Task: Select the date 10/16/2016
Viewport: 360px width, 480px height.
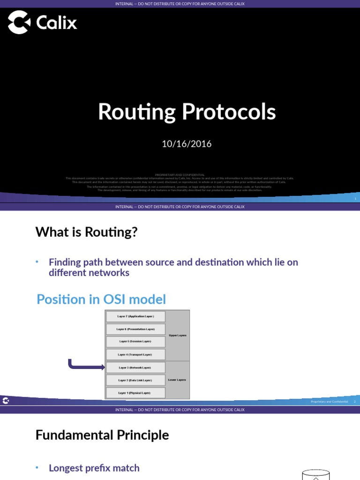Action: (187, 144)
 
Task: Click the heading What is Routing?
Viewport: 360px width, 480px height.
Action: (87, 232)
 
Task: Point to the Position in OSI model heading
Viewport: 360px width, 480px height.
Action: (101, 299)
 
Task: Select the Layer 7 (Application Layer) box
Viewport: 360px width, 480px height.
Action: (135, 317)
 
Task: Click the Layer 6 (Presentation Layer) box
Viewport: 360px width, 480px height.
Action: (135, 330)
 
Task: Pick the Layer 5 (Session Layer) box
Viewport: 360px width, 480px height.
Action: (135, 342)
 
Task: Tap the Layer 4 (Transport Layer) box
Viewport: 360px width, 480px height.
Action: (135, 355)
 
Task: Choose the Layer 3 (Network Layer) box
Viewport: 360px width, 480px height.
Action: (135, 368)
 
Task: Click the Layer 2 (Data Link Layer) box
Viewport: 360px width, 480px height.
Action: (135, 380)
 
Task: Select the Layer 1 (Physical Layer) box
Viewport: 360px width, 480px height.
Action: (135, 393)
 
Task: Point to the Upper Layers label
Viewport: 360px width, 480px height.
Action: (177, 336)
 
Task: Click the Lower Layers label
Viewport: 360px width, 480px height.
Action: (177, 380)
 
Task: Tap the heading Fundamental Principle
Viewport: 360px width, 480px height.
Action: (102, 435)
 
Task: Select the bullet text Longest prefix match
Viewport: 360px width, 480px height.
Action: (94, 468)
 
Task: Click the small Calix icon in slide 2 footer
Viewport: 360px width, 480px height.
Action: (6, 401)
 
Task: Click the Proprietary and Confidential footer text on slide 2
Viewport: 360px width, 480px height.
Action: (330, 402)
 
